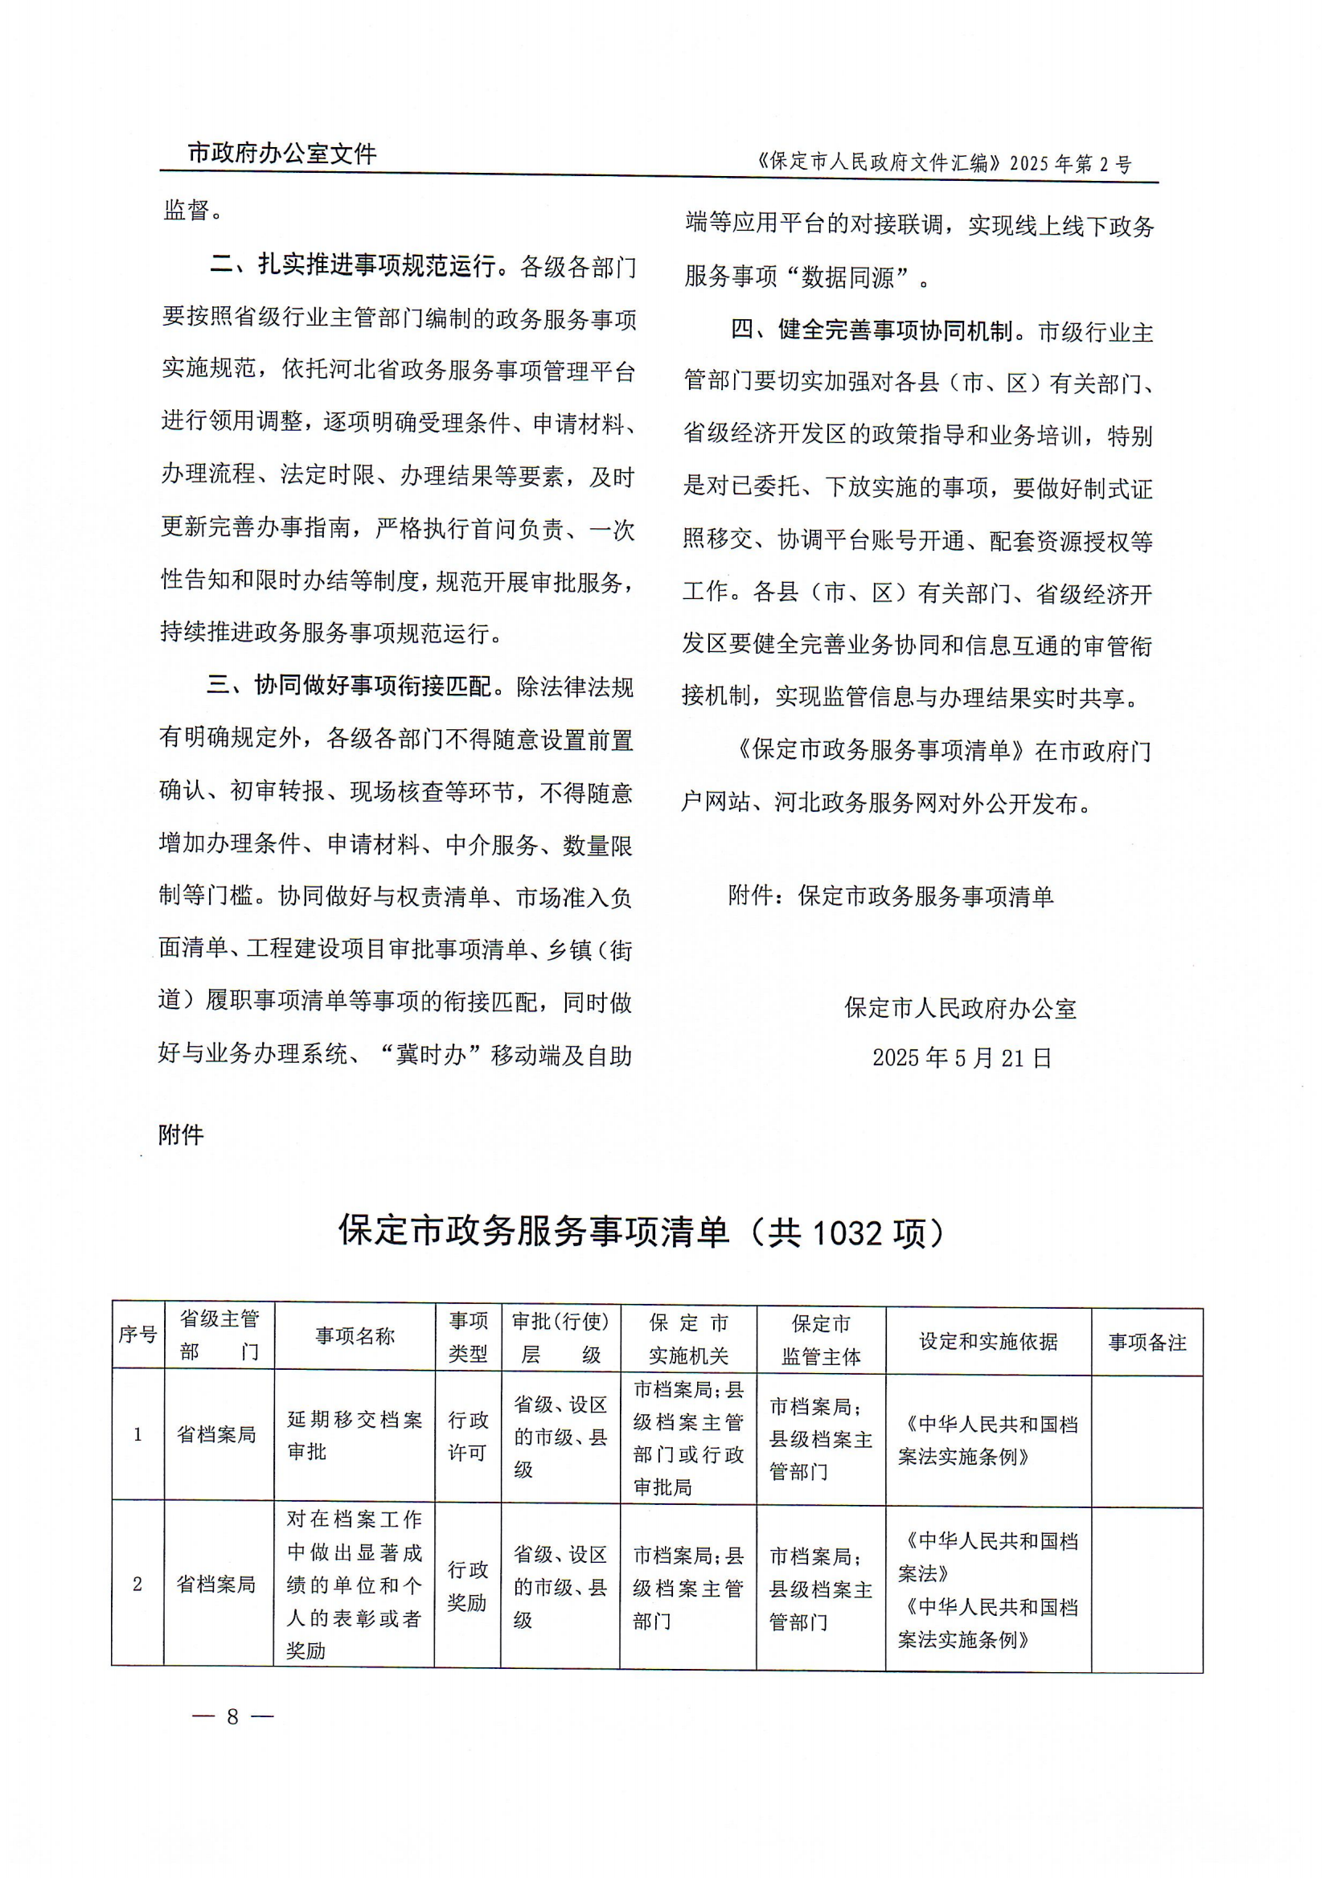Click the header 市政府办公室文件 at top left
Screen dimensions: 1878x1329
coord(281,153)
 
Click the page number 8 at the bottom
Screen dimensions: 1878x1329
coord(232,1716)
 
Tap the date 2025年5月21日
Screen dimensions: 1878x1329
coord(962,1058)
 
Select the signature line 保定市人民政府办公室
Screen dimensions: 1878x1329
coord(961,1008)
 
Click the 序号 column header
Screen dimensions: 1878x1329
coord(137,1335)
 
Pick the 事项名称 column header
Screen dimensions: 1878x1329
coord(355,1335)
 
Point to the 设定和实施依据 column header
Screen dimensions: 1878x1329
coord(988,1340)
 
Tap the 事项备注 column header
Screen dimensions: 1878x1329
coord(1146,1342)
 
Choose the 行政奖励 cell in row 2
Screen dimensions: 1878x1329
coord(467,1585)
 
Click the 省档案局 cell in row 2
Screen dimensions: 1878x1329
coord(217,1585)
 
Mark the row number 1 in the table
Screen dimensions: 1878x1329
coord(137,1434)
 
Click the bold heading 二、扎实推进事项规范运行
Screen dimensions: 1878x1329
coord(352,266)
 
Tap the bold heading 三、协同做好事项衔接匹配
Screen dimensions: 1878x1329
coord(351,686)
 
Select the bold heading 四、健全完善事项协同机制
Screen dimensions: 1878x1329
coord(872,330)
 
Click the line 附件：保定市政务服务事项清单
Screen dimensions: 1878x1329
coord(890,896)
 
